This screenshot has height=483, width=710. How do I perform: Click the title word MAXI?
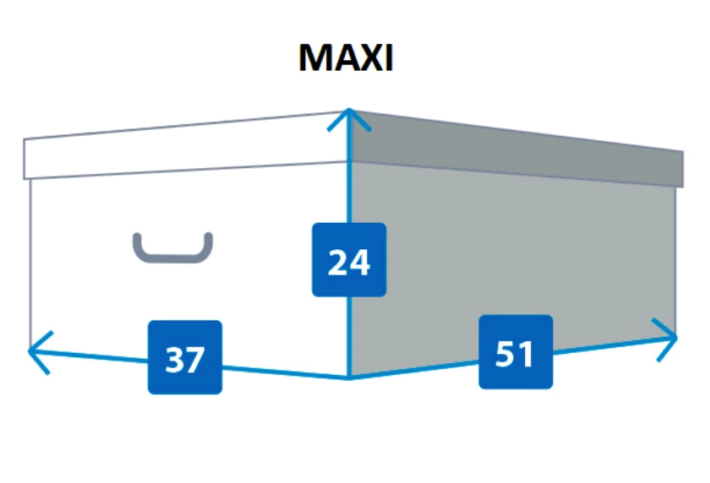click(346, 58)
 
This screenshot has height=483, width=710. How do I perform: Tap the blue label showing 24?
click(349, 260)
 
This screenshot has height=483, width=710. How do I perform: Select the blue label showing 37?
click(185, 357)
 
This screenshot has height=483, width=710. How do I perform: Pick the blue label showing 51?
click(516, 352)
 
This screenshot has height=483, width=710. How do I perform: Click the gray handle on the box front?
click(172, 248)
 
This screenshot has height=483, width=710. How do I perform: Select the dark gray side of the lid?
click(516, 151)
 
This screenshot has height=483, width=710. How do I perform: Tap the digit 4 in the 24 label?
click(360, 262)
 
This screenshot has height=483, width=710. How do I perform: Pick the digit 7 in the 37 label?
click(195, 359)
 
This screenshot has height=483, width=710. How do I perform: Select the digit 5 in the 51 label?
click(505, 353)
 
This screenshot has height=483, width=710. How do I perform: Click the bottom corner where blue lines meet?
click(349, 378)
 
